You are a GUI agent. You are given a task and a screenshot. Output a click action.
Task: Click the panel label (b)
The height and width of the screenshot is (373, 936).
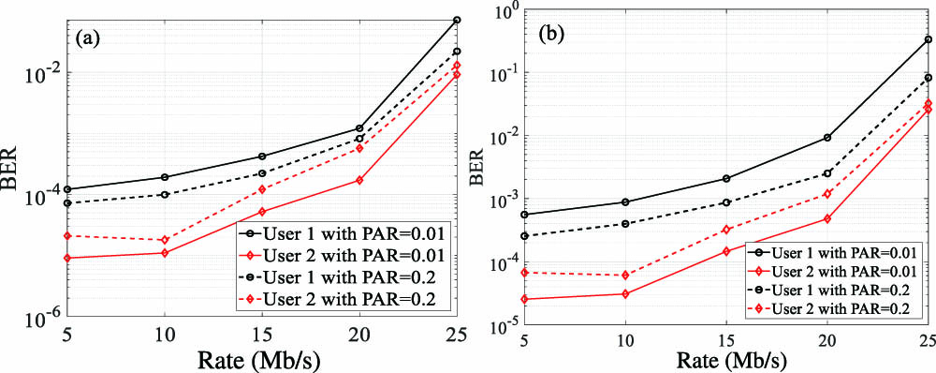[x=559, y=41]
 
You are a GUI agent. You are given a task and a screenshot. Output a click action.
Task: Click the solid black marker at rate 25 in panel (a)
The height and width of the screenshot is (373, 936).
[x=457, y=20]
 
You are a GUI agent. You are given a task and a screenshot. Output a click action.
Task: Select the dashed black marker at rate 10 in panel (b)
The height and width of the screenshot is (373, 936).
[x=626, y=224]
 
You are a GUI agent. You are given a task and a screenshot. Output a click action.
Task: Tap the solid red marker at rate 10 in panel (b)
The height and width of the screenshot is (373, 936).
[x=626, y=294]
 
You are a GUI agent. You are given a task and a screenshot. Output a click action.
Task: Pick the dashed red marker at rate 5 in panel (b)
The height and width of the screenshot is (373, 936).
[x=525, y=273]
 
